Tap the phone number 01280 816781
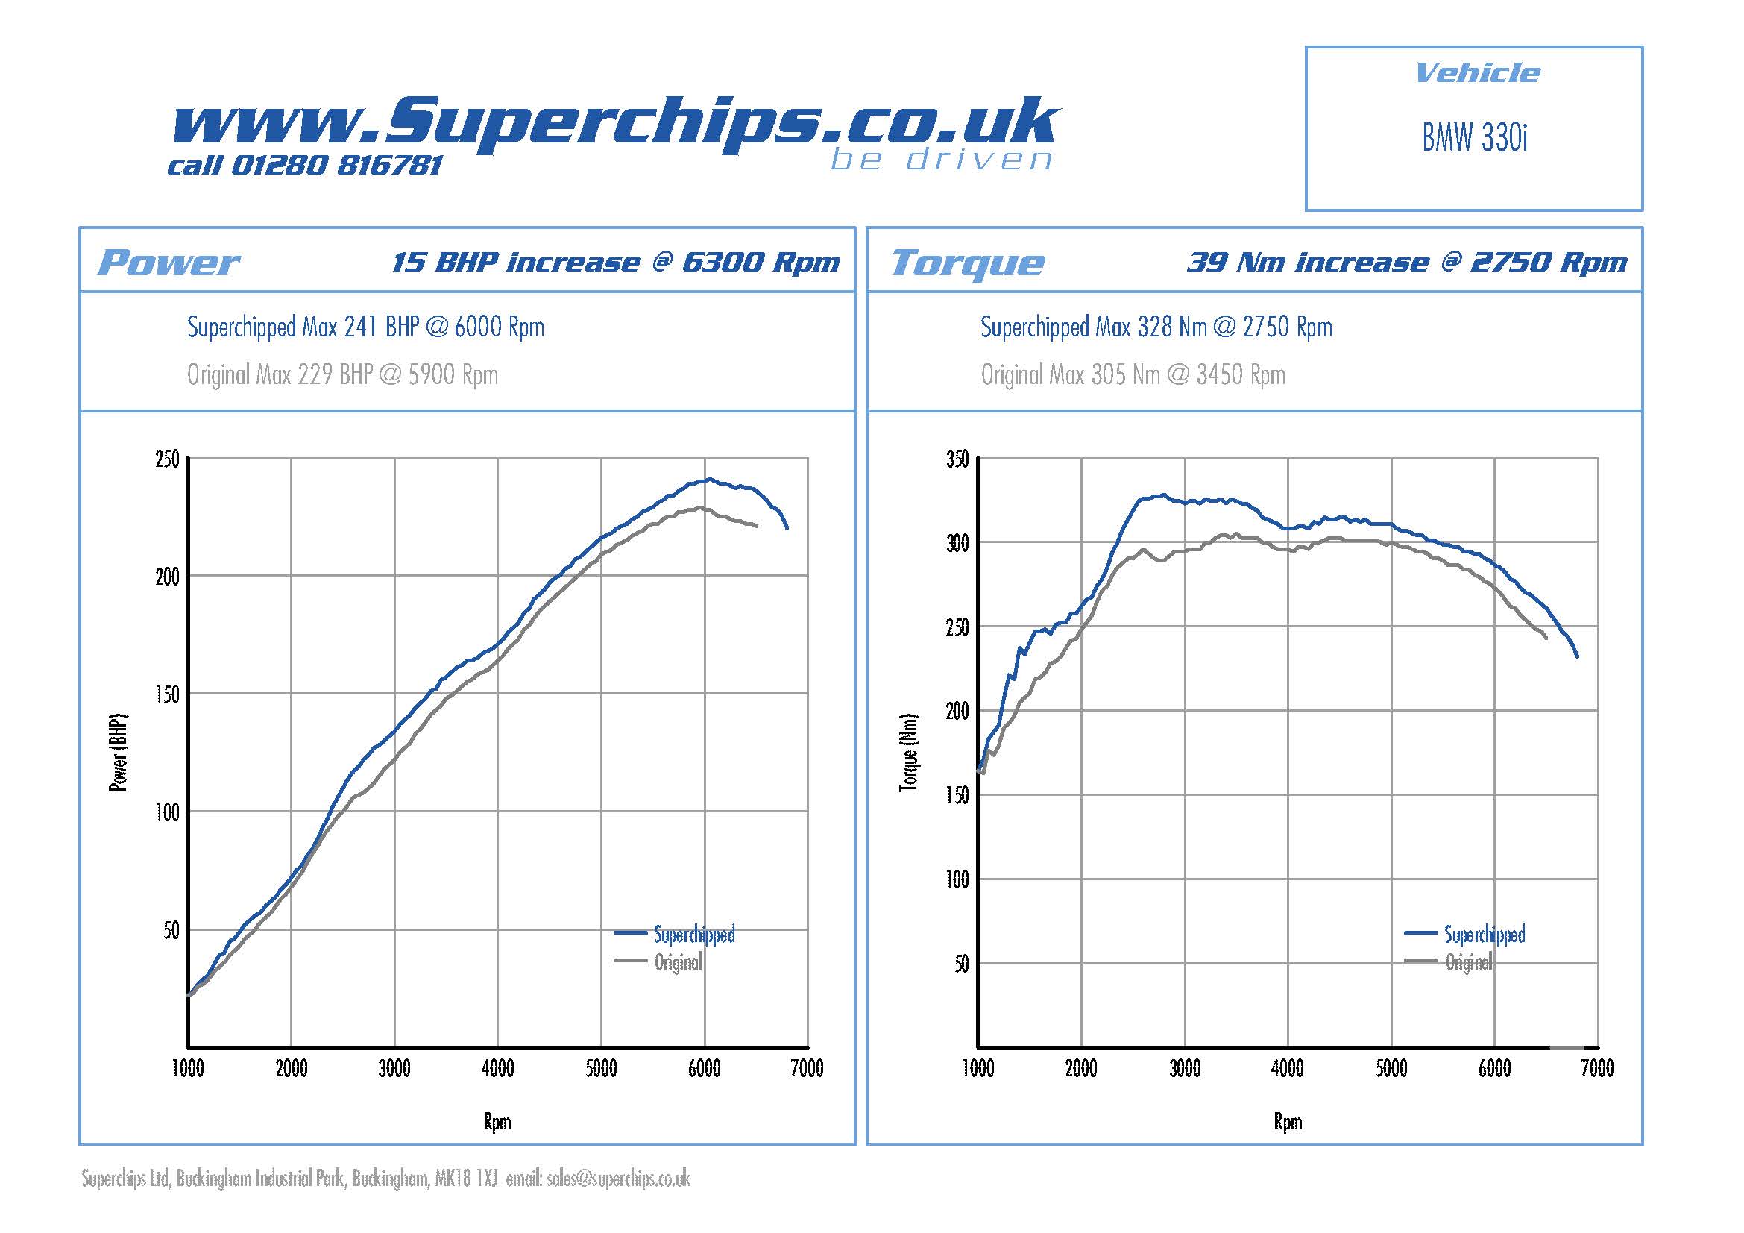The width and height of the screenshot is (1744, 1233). click(336, 165)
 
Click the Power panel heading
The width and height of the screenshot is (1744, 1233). click(168, 263)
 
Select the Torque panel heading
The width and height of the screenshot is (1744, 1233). click(968, 263)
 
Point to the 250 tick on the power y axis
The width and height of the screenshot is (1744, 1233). click(167, 459)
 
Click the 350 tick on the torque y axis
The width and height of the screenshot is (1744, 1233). click(957, 459)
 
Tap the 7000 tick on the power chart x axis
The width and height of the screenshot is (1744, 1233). click(807, 1069)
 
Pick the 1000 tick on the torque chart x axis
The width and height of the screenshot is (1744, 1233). click(978, 1069)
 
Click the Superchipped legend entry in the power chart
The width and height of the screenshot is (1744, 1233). click(694, 935)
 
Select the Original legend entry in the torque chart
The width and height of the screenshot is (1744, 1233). click(1468, 962)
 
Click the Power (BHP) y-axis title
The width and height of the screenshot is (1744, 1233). click(119, 753)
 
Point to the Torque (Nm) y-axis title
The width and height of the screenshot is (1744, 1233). click(908, 753)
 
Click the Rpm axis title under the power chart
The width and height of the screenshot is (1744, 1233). click(497, 1122)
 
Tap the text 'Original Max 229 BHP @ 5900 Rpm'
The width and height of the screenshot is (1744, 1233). click(342, 374)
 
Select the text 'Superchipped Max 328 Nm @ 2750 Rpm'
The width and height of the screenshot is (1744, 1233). click(1156, 327)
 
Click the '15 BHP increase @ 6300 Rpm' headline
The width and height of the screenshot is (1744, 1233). click(616, 263)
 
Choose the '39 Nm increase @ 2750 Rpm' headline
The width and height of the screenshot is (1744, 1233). click(1407, 263)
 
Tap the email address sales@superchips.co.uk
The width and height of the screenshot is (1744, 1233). click(617, 1179)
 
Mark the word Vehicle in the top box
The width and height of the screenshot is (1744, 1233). click(1477, 74)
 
